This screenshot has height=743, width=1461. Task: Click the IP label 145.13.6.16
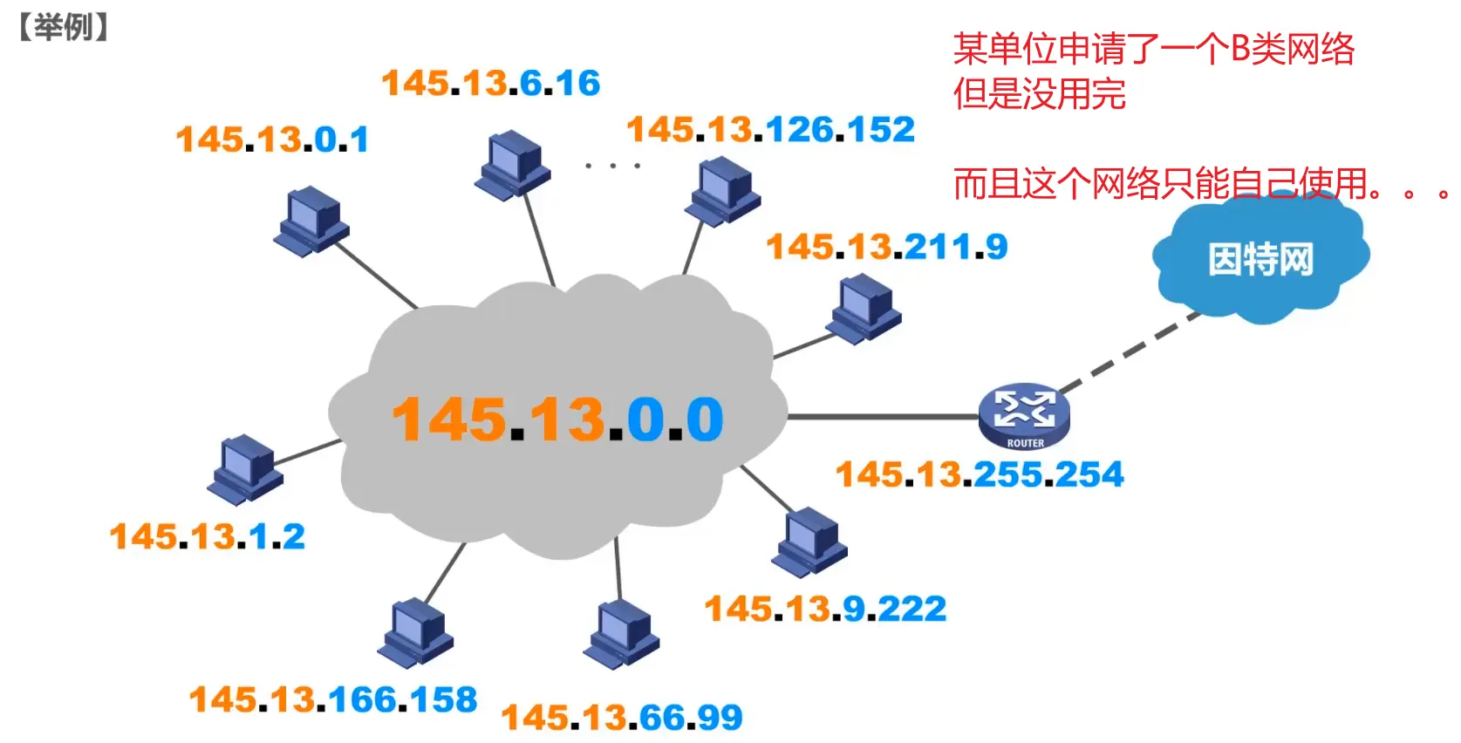point(491,84)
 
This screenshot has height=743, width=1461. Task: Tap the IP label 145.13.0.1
point(272,140)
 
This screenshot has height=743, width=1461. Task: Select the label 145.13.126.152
point(770,130)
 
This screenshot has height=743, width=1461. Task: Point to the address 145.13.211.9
point(886,247)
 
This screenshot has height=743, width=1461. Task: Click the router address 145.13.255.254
point(980,474)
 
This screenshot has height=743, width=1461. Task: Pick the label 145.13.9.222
point(825,609)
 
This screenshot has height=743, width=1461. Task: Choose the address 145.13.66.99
point(621,718)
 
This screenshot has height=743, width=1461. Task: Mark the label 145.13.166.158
point(333,699)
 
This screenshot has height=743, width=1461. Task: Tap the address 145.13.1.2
point(208,536)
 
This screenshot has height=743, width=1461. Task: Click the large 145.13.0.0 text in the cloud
point(557,420)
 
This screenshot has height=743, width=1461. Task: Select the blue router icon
point(1024,415)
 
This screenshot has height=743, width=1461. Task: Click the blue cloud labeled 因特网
point(1260,259)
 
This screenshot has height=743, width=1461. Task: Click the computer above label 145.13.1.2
point(245,469)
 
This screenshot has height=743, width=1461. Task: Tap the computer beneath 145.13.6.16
point(513,164)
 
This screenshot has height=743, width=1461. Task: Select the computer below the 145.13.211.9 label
point(864,308)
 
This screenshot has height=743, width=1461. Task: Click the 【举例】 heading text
point(63,27)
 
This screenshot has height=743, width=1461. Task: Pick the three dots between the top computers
point(612,165)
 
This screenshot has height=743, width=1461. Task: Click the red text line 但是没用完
point(1039,94)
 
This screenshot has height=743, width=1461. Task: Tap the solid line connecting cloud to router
point(881,417)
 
